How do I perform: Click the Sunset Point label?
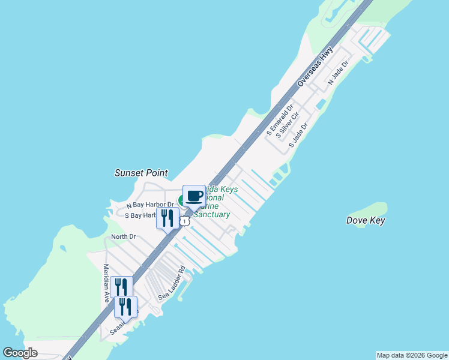(141, 173)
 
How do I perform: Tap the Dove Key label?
(366, 220)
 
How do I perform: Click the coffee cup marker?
(194, 196)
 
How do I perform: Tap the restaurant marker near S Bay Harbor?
(167, 217)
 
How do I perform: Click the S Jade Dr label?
(298, 136)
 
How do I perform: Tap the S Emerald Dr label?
(280, 120)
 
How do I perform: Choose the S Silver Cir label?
(288, 125)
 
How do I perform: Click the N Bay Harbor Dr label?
(149, 205)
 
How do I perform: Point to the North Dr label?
(123, 236)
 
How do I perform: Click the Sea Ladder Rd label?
(172, 284)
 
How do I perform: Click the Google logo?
(20, 353)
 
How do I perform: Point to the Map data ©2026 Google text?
(411, 355)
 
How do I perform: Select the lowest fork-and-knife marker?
(125, 307)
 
